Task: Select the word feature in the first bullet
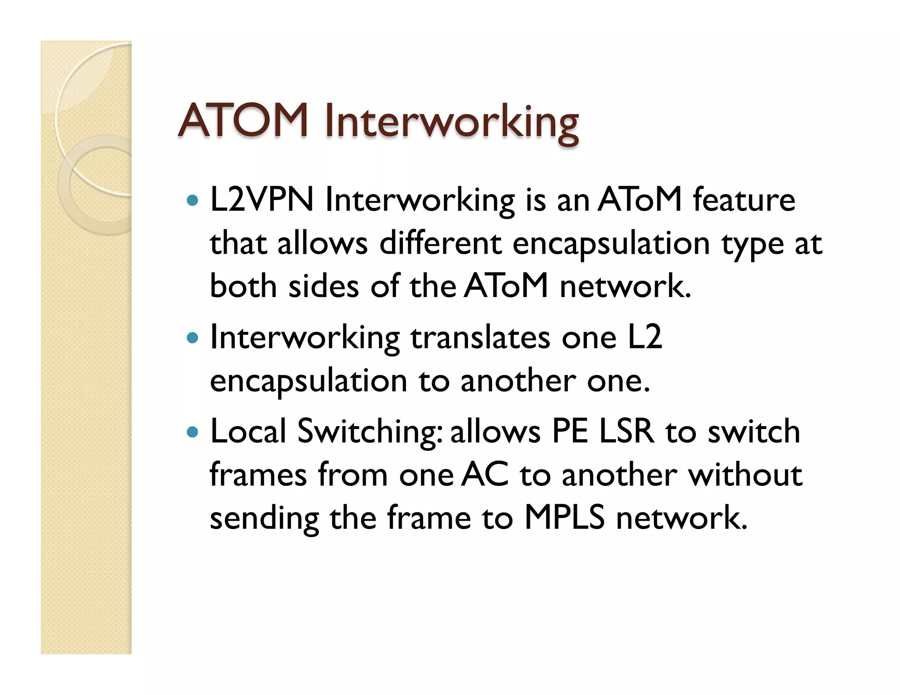[744, 200]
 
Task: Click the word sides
[323, 286]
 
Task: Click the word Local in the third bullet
[248, 431]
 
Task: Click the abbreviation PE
[570, 431]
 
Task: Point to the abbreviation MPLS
[564, 518]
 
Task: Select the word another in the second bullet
[518, 381]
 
